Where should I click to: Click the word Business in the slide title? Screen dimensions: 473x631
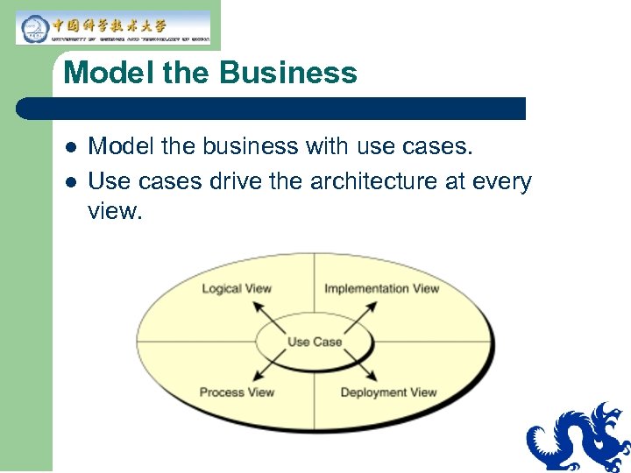288,72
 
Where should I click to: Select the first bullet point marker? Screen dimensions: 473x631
70,147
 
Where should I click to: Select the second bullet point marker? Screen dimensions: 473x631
70,182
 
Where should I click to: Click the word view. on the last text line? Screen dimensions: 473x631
115,211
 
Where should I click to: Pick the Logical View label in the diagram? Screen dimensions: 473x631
237,288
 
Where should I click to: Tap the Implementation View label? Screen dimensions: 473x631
381,288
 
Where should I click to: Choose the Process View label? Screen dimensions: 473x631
237,392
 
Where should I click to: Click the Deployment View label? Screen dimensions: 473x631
388,392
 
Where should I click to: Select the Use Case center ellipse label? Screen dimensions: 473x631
315,341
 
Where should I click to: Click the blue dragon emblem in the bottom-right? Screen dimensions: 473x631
578,438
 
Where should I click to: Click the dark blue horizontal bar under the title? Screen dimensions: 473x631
272,109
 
